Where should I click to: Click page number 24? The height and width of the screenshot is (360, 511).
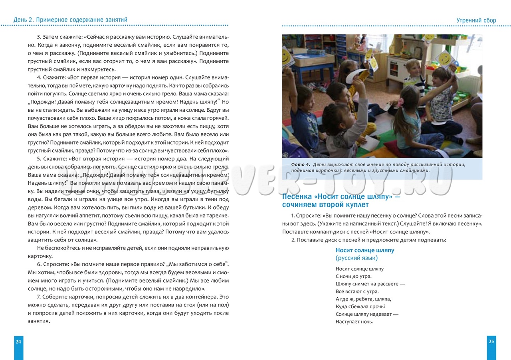pos(18,341)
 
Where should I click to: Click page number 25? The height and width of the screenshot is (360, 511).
pos(491,341)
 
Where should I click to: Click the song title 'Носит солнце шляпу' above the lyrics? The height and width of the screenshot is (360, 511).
pos(365,250)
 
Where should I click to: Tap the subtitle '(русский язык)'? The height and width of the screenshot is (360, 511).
pos(357,258)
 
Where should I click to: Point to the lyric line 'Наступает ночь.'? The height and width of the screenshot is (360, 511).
pos(355,322)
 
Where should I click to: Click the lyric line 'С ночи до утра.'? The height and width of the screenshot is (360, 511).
pos(354,276)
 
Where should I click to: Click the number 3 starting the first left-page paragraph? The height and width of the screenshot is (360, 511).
pos(38,37)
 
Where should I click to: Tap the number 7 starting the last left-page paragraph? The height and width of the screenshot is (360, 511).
pos(38,297)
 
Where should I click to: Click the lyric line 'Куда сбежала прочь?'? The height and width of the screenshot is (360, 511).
pos(360,307)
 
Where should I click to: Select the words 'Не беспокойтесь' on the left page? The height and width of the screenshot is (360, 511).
pos(56,248)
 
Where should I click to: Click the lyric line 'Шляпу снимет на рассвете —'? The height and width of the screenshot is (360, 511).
pos(370,284)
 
